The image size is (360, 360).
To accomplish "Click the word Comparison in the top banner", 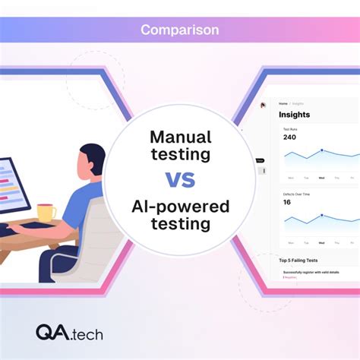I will (x=180, y=30).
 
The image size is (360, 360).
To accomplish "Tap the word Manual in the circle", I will (x=180, y=137).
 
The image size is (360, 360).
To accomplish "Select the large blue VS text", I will (x=180, y=179).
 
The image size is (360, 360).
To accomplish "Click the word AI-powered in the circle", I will (x=180, y=207).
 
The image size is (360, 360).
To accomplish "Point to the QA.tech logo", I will (x=69, y=332).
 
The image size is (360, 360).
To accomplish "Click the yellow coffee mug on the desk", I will (x=46, y=213).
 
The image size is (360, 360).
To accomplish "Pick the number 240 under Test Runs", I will (x=289, y=137).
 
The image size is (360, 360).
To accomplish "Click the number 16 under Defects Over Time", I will (x=287, y=202).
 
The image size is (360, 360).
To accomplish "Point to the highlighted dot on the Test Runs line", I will (x=321, y=150).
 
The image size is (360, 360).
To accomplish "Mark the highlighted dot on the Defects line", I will (x=321, y=215).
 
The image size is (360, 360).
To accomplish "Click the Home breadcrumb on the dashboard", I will (x=283, y=103).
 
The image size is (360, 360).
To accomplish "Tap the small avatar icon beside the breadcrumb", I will (x=264, y=105).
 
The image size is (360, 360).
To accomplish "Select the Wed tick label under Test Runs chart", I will (x=321, y=178).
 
